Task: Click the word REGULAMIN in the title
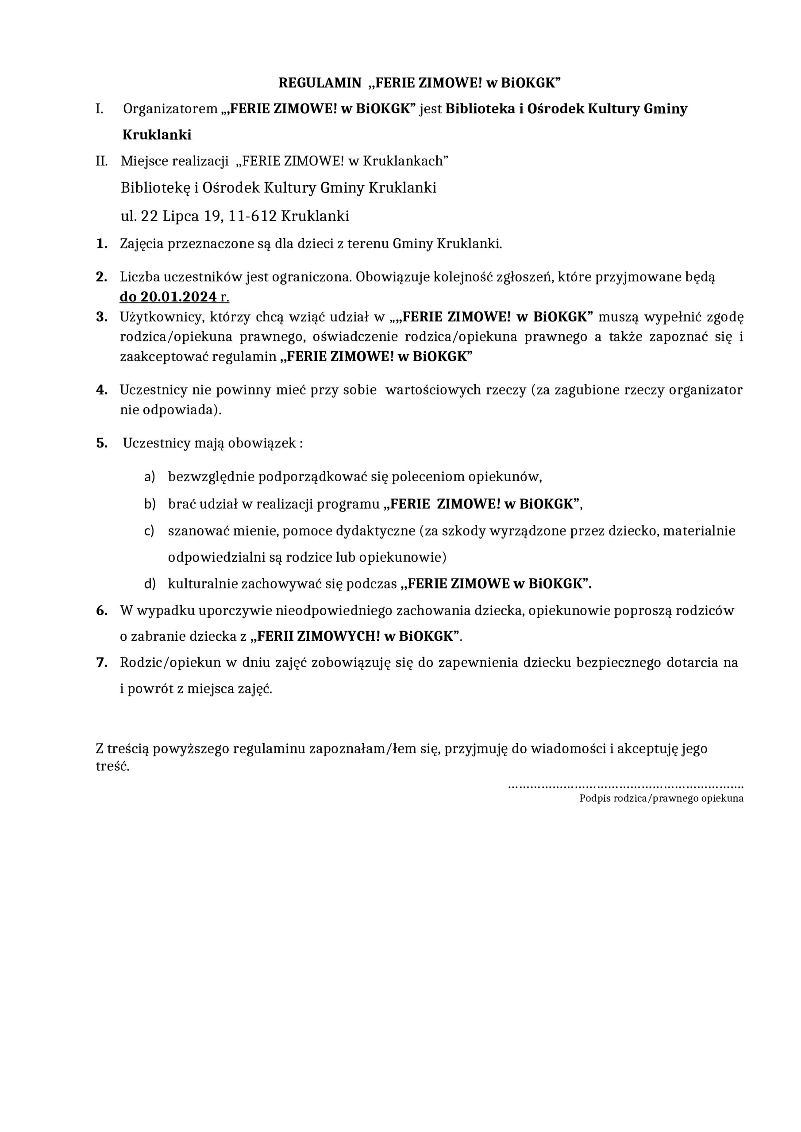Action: click(x=320, y=83)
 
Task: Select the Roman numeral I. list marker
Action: click(x=100, y=109)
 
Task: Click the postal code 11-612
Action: click(x=252, y=216)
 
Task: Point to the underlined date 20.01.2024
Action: click(x=179, y=297)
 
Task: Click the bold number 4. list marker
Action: click(x=102, y=390)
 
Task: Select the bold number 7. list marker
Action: click(x=102, y=663)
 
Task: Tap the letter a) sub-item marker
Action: click(x=150, y=476)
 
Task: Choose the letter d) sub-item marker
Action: click(x=150, y=584)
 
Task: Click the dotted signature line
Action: click(x=625, y=786)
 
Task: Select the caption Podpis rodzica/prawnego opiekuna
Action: click(x=661, y=798)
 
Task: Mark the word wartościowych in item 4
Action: click(x=433, y=390)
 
